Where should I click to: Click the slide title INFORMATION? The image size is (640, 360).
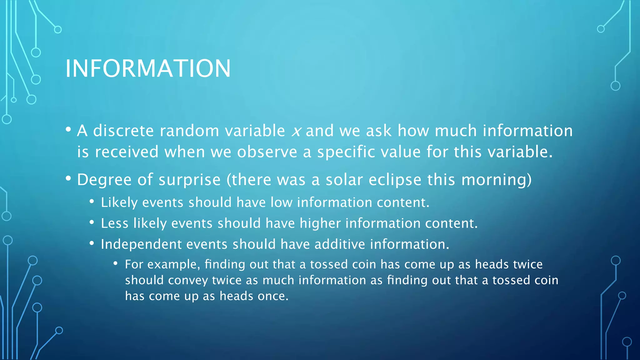tap(148, 68)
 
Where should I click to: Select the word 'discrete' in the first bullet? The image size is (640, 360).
tap(123, 131)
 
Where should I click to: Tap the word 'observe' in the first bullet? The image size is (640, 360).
tap(267, 152)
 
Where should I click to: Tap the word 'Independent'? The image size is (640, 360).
tap(141, 244)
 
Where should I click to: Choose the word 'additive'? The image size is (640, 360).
tap(339, 244)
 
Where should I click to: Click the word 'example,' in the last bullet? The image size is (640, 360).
tap(174, 265)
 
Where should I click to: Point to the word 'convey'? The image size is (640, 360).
tap(188, 280)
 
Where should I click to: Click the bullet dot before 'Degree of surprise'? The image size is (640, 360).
tap(68, 178)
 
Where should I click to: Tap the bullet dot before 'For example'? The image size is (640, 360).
tap(115, 264)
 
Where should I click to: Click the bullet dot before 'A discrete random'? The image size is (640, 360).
tap(68, 129)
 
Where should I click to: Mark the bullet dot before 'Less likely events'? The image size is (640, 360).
tap(92, 222)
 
